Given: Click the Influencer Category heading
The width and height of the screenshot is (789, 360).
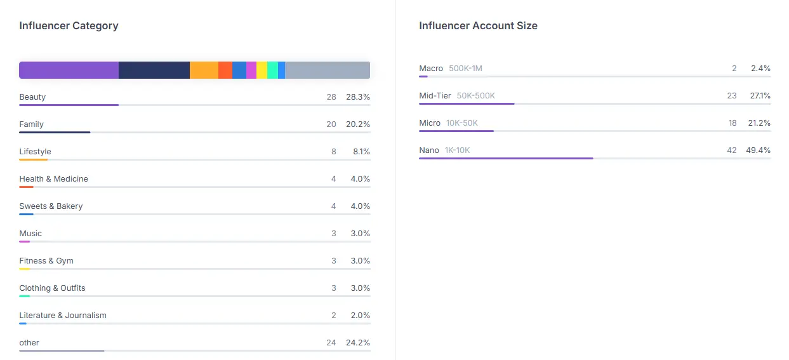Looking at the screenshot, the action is point(69,25).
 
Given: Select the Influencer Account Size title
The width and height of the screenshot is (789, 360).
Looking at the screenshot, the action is point(478,25).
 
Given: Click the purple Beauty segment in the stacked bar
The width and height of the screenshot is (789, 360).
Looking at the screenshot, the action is point(69,70).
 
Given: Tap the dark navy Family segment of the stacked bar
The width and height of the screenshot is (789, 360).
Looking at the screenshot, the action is point(154,70).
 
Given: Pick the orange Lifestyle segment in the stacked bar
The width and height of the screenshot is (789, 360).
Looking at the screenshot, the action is point(204,70).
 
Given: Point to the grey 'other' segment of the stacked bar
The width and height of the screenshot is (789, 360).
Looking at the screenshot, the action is point(328,70).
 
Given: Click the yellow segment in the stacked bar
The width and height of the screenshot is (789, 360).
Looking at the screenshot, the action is point(262,70).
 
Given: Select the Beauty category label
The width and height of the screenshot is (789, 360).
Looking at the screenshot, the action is point(32,97).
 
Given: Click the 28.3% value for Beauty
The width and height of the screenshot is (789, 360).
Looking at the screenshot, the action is point(358,97).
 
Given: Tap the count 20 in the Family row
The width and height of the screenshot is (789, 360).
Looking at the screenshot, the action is point(331,124).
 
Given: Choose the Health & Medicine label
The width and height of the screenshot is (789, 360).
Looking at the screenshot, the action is point(53,179).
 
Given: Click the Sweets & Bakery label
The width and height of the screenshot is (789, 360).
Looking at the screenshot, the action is point(51,206).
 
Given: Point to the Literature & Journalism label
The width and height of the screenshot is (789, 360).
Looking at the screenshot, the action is point(63,316).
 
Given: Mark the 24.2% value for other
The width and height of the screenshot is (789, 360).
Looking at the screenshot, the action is point(358,343).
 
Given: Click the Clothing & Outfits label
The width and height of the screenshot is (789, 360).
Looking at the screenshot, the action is point(52,288).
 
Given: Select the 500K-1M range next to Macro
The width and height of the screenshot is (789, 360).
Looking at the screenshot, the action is point(465,69).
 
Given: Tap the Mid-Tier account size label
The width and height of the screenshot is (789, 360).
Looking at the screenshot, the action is point(435,96).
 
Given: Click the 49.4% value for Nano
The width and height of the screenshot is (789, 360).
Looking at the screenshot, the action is point(758,150).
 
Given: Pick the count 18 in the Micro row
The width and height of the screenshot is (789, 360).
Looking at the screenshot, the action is point(733,123).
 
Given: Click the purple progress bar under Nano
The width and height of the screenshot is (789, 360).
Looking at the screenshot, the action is point(506,159).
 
